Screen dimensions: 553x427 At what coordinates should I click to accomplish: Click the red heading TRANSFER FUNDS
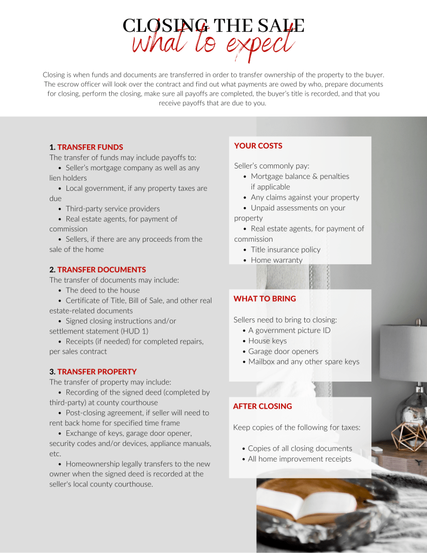pos(90,147)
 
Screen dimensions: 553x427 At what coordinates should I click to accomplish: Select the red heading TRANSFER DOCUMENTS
pos(102,269)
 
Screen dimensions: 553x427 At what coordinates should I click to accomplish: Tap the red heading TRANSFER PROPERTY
pos(97,371)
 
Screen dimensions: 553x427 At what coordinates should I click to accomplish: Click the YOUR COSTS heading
pos(258,145)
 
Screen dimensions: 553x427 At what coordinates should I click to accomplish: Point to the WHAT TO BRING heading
pos(264,298)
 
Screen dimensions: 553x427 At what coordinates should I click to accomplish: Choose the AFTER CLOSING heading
pos(262,406)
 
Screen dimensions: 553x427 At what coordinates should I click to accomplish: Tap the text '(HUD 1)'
pos(132,331)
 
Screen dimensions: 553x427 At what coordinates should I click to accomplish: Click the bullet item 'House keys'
pos(268,341)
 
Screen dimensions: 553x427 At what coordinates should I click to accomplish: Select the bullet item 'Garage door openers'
pos(283,351)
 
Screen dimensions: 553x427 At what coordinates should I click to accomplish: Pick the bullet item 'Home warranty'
pos(276,260)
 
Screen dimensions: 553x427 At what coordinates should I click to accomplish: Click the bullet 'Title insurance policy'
pos(285,250)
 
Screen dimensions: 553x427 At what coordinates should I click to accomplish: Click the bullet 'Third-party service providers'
pos(112,209)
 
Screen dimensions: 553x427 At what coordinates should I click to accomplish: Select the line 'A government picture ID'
pos(289,330)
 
